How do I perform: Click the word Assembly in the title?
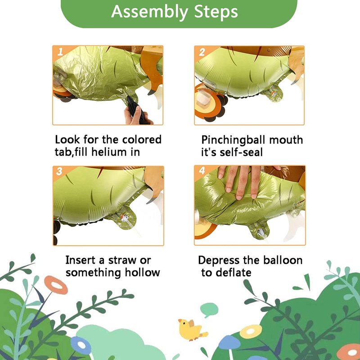point(150,12)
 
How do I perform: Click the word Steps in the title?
point(216,12)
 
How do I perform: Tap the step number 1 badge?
point(60,52)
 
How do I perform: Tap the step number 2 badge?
point(202,52)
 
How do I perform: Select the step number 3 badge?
point(59,171)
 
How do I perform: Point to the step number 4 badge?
point(202,171)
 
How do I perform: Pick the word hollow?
point(142,273)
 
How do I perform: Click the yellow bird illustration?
point(192,330)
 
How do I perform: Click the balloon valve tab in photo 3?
point(124,218)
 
